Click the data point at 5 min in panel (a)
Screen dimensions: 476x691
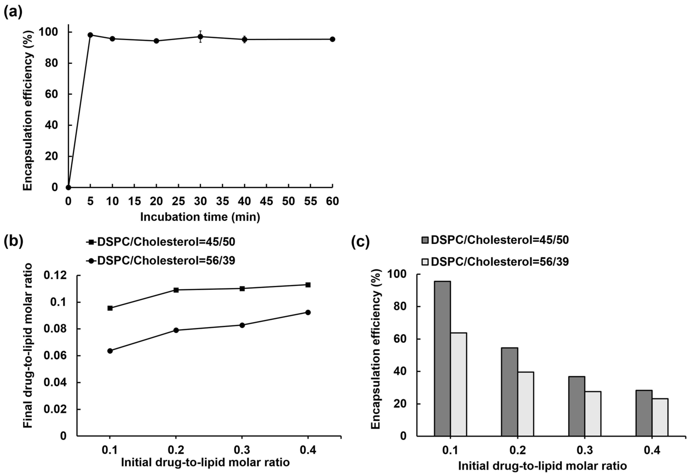coord(90,35)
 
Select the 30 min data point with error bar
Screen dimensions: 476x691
coord(200,37)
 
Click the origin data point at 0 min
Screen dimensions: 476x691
coord(68,187)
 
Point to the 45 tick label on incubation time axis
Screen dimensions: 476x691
coord(266,201)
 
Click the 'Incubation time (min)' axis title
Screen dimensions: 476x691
coord(200,217)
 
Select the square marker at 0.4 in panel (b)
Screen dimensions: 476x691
coord(308,285)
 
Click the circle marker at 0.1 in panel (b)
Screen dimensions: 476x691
coord(110,351)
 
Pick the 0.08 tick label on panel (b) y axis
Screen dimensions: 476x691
coord(55,329)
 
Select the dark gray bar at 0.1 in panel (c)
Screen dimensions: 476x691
coord(442,358)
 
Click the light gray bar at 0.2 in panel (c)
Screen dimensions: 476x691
coord(526,404)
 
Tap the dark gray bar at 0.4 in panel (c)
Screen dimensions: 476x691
coord(644,413)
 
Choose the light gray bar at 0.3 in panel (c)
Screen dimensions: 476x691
coord(593,414)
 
